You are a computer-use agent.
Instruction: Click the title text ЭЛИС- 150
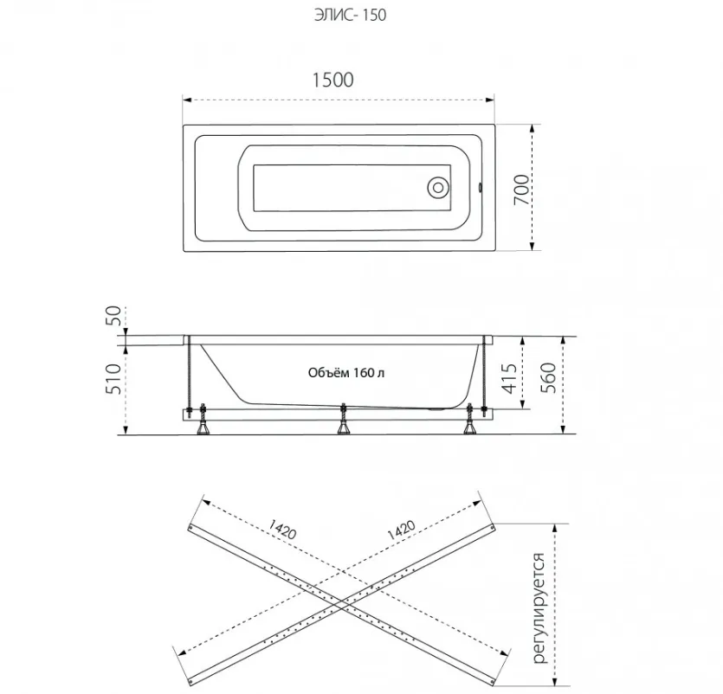(x=350, y=16)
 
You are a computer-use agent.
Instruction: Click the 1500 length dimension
(x=332, y=80)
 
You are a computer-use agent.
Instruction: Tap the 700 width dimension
(x=521, y=190)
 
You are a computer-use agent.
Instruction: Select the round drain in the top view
(x=438, y=188)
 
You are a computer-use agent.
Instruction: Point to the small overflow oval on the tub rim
(x=481, y=188)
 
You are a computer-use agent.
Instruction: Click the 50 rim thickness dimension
(x=114, y=316)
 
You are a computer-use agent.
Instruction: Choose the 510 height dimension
(x=114, y=379)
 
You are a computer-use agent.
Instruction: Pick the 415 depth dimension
(x=509, y=379)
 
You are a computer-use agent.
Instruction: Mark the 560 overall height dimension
(x=549, y=378)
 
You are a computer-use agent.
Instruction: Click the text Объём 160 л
(x=345, y=372)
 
